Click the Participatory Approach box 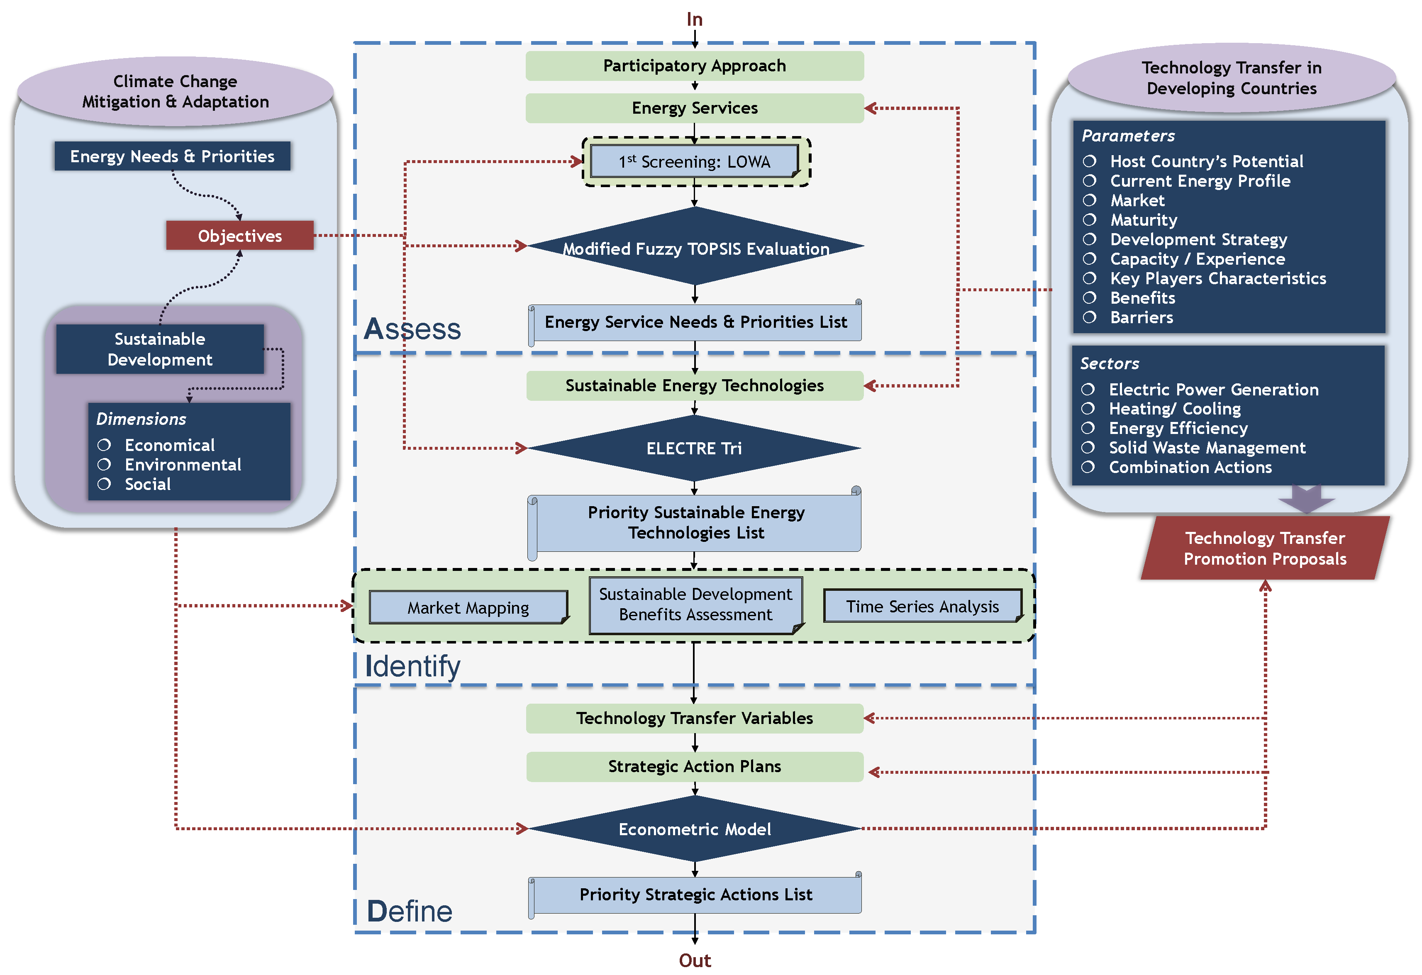click(x=695, y=66)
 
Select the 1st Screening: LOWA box click(x=695, y=161)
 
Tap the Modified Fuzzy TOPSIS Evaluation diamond click(x=695, y=246)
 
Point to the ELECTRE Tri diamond click(x=695, y=448)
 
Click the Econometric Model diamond click(x=695, y=829)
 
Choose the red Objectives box click(x=240, y=236)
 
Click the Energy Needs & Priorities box click(x=173, y=156)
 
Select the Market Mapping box click(x=469, y=607)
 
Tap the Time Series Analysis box click(x=923, y=606)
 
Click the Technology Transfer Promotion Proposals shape click(x=1265, y=548)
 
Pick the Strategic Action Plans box click(x=695, y=766)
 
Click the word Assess click(x=412, y=329)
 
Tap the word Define click(x=410, y=912)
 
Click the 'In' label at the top click(x=695, y=19)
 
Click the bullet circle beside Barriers click(x=1090, y=317)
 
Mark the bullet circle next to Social click(x=104, y=484)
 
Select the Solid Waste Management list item click(x=1207, y=448)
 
